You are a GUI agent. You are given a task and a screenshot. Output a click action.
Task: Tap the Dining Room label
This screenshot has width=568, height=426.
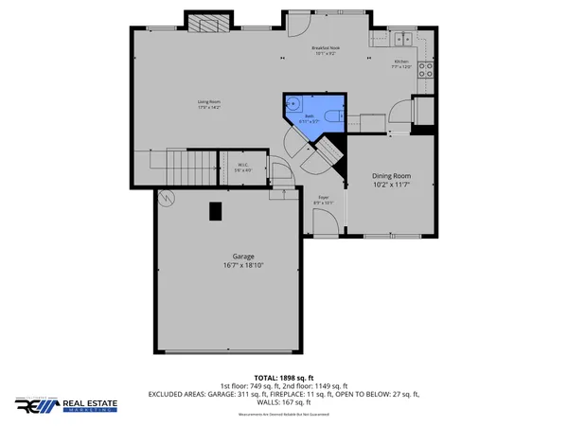point(391,180)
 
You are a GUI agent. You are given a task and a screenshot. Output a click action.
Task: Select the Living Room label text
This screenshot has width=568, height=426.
point(209,104)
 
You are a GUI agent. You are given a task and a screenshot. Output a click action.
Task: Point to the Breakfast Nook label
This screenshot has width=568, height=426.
point(327,50)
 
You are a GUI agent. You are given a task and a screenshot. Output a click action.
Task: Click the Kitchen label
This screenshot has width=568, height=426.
point(402,64)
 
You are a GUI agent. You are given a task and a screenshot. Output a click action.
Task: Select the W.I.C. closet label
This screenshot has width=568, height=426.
point(242,169)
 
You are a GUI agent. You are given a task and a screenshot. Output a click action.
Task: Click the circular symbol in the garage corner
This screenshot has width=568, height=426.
point(168,198)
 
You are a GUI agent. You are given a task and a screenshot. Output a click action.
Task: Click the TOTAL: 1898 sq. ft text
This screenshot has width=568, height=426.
point(284,377)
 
